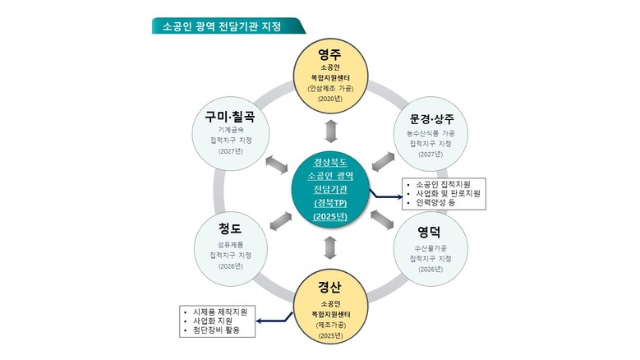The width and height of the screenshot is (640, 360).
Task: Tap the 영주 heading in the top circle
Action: click(329, 56)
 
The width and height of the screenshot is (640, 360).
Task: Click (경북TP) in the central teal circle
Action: click(329, 202)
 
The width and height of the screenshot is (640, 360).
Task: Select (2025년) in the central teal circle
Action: click(329, 216)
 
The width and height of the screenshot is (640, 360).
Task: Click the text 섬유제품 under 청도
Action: click(231, 244)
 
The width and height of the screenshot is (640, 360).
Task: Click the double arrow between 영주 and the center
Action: click(329, 131)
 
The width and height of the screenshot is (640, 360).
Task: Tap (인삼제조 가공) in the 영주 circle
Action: click(329, 86)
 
